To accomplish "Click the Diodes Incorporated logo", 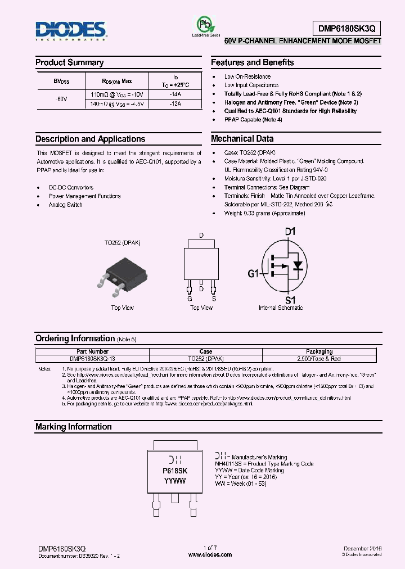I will (70, 31).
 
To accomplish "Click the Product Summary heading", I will (69, 62).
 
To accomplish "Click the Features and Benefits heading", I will (252, 62).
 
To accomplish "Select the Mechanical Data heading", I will (242, 139).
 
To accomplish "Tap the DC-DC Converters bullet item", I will (71, 187).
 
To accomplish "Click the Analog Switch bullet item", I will (65, 205).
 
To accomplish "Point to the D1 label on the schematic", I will (290, 232).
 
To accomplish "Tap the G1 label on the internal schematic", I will (253, 274).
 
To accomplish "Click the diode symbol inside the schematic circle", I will (299, 265).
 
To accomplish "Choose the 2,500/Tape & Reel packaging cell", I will (319, 358).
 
